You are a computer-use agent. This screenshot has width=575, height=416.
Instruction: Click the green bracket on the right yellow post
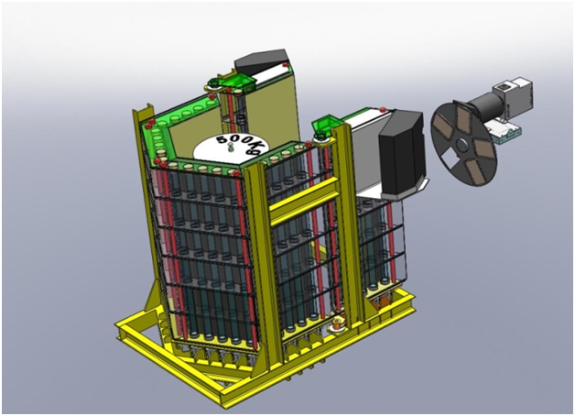pyautogui.click(x=327, y=127)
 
